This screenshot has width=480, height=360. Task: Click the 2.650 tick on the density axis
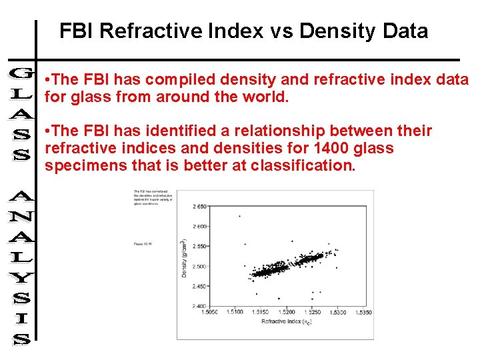[x=199, y=207]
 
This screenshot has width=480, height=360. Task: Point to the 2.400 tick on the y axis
[x=199, y=306]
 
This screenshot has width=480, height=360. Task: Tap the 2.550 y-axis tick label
[x=199, y=246]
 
